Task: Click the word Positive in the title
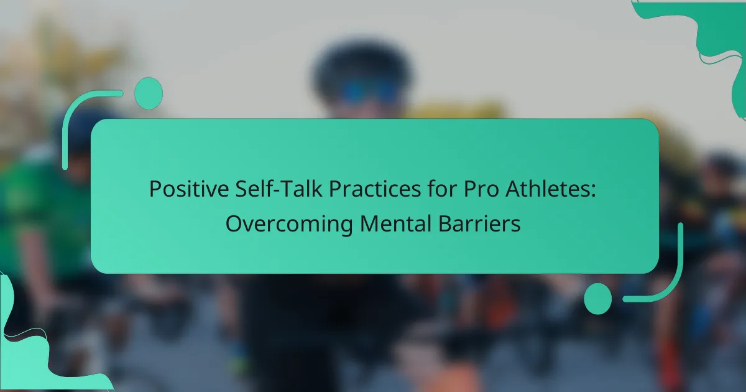tap(189, 189)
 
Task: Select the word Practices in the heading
tap(375, 189)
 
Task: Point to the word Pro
tap(481, 189)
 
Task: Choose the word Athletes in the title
tap(546, 189)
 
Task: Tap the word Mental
tap(395, 223)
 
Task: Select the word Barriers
tap(479, 223)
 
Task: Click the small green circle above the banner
tap(148, 93)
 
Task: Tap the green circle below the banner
tap(598, 299)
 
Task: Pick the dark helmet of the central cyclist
tap(362, 63)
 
